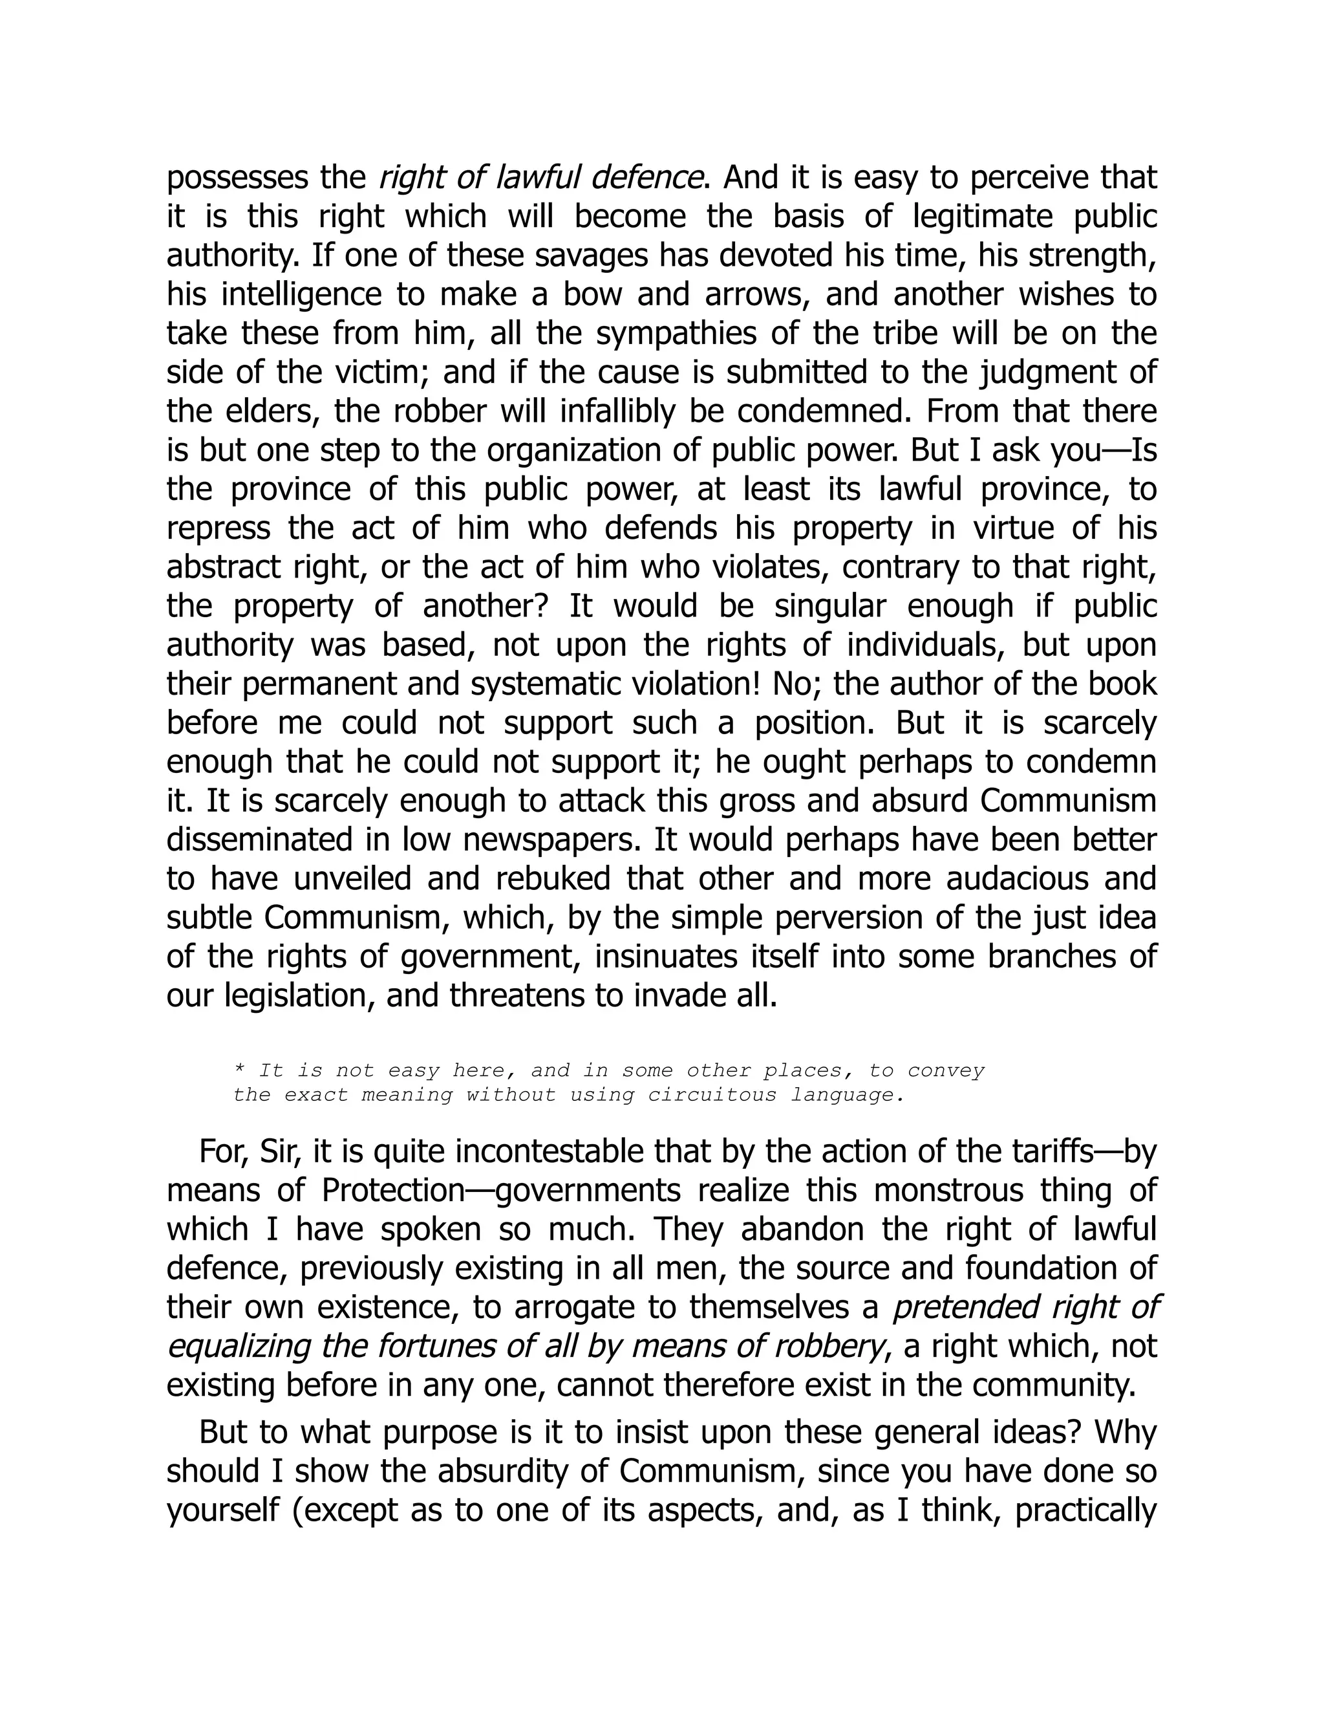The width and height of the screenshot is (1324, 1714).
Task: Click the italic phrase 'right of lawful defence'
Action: point(540,178)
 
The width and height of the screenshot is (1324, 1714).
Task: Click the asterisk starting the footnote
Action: point(239,1071)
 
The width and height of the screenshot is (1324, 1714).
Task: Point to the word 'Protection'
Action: point(394,1191)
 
